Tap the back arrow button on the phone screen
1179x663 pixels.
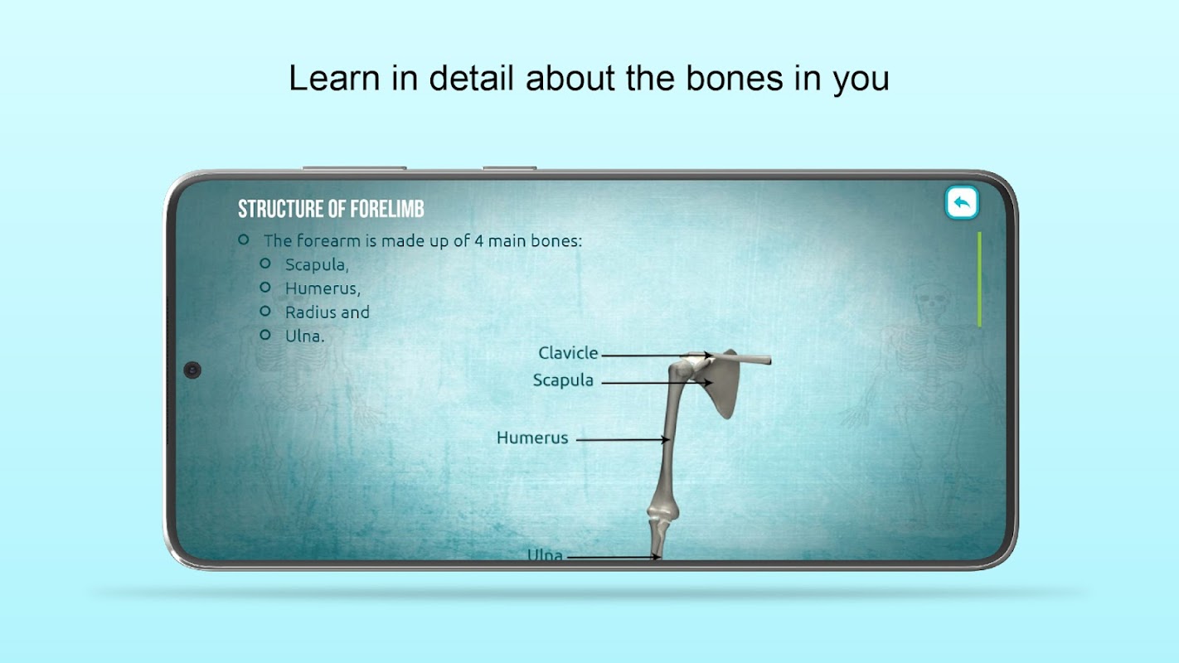pyautogui.click(x=962, y=202)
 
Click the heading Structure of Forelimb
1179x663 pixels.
pyautogui.click(x=331, y=209)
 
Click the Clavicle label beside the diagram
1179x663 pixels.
pyautogui.click(x=568, y=352)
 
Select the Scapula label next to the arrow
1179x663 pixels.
pyautogui.click(x=563, y=380)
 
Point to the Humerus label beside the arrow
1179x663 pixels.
pyautogui.click(x=532, y=438)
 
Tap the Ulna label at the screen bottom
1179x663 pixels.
pyautogui.click(x=545, y=554)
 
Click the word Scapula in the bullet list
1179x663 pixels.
pyautogui.click(x=317, y=264)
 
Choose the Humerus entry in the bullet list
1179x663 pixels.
pyautogui.click(x=323, y=288)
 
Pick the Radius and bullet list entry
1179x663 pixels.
pyautogui.click(x=327, y=312)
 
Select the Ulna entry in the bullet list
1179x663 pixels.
pyautogui.click(x=305, y=336)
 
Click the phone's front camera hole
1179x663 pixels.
pyautogui.click(x=192, y=370)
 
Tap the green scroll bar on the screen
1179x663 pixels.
pyautogui.click(x=979, y=279)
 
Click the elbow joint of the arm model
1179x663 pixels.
pyautogui.click(x=661, y=510)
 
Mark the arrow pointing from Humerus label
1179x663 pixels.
pyautogui.click(x=623, y=439)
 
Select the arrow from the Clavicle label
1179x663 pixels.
pyautogui.click(x=656, y=356)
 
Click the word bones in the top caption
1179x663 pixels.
pyautogui.click(x=735, y=78)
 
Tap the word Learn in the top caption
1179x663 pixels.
pyautogui.click(x=334, y=78)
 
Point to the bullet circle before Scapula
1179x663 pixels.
pyautogui.click(x=265, y=263)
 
